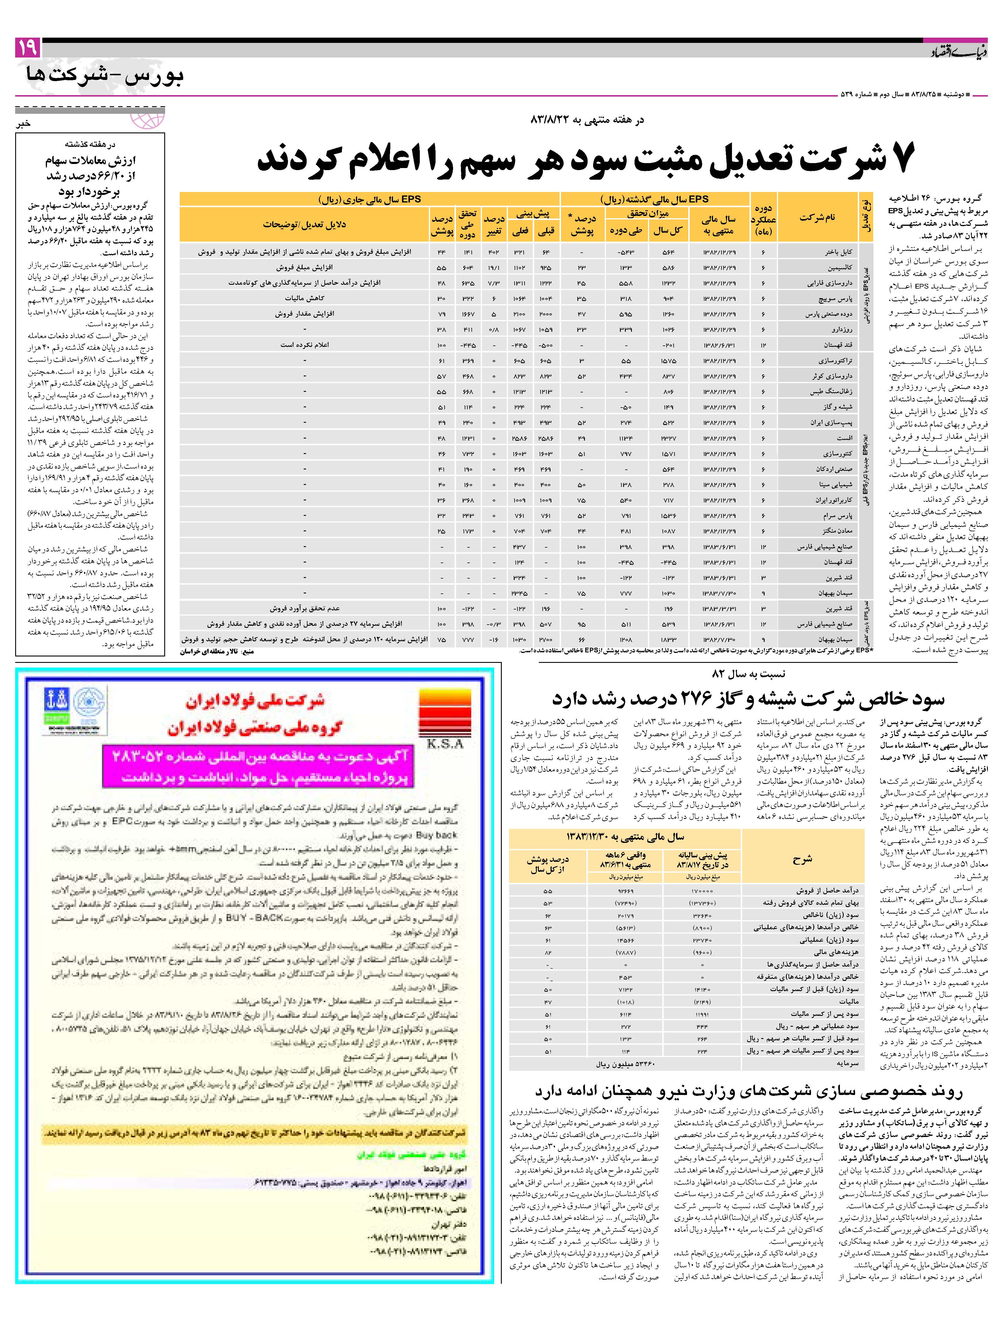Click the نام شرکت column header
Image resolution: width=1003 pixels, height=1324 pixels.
[x=817, y=217]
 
